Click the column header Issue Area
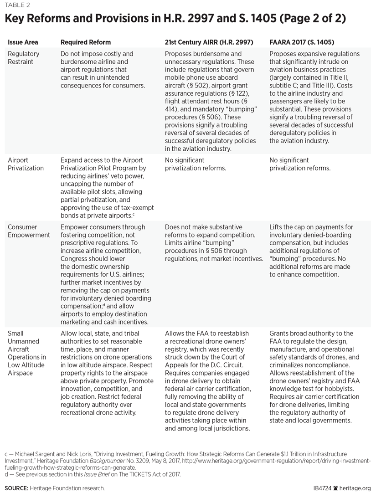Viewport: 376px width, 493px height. tap(23, 42)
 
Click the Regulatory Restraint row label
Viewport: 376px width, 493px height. tap(24, 57)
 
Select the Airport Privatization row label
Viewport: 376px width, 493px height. tap(26, 164)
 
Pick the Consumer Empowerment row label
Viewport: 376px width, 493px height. tap(29, 231)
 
